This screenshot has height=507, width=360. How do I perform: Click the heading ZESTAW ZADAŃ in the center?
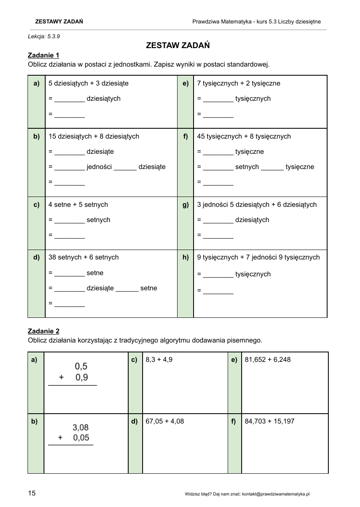[178, 46]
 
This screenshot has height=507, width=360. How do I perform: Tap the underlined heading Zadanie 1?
[44, 55]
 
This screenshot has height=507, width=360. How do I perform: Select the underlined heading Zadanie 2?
[44, 331]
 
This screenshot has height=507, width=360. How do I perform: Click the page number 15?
[32, 493]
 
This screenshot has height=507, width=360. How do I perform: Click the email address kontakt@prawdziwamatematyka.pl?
[275, 494]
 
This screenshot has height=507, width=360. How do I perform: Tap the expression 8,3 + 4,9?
[159, 359]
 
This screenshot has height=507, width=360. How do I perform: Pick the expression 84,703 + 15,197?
[270, 421]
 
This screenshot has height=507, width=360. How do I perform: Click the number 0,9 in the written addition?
[82, 377]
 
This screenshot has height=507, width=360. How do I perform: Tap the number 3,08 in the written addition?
[81, 428]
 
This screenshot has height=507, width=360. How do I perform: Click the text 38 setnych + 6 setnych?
[83, 257]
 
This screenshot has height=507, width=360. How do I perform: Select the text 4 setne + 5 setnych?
[78, 204]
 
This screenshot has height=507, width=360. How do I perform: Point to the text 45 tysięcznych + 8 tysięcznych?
[244, 136]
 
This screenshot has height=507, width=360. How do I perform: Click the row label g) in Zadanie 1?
[185, 204]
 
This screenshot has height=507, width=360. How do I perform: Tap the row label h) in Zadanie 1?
[185, 257]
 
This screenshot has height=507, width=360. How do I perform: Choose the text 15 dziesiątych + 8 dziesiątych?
[94, 136]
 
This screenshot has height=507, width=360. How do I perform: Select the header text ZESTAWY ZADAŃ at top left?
[59, 21]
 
